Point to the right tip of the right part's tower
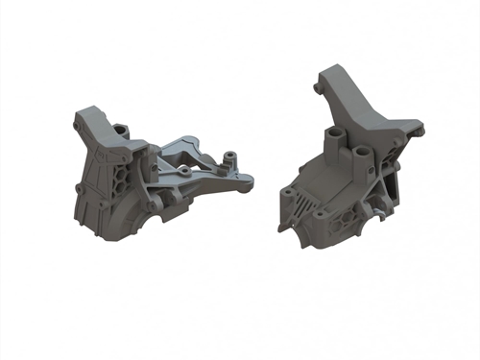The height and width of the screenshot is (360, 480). point(418,122)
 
